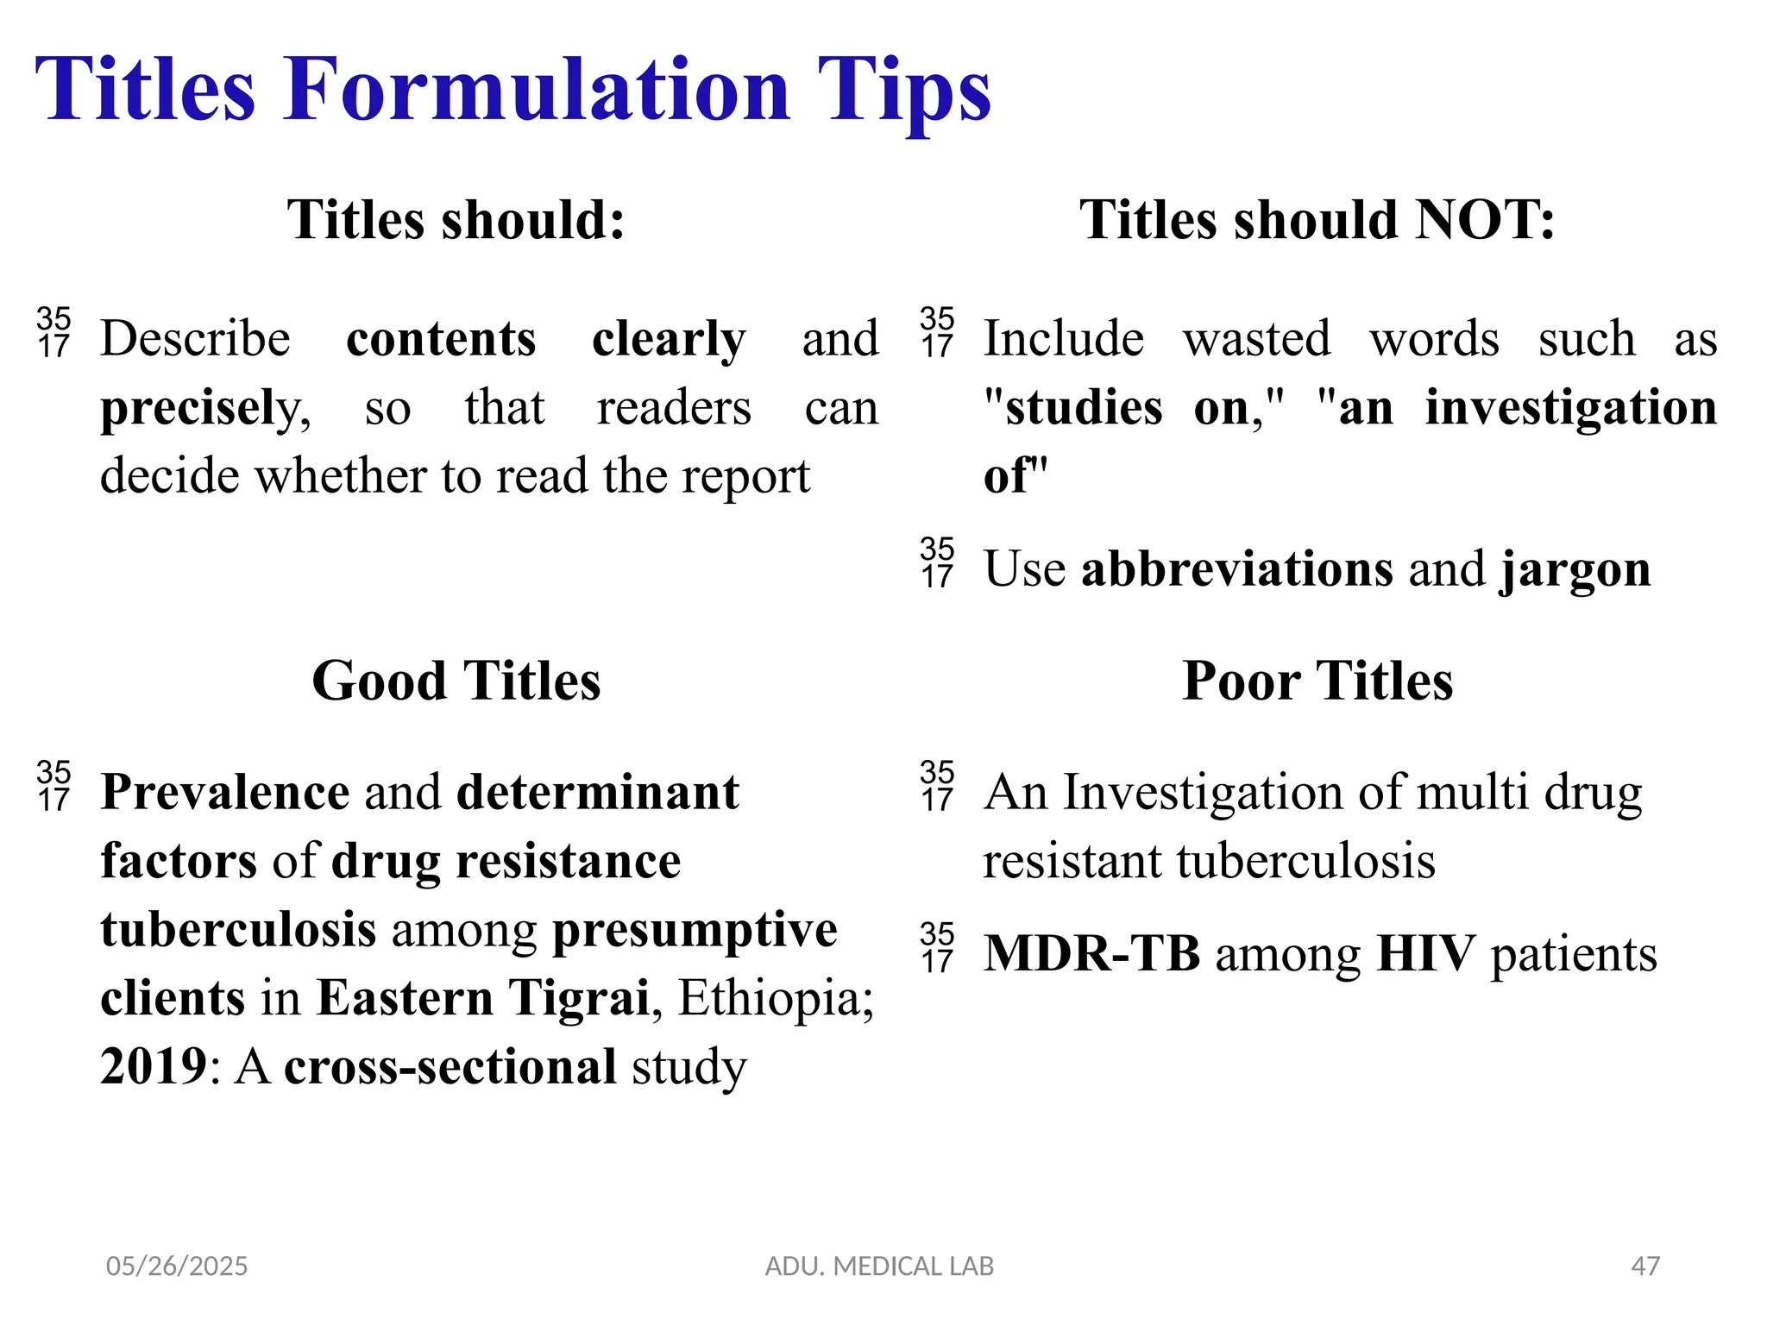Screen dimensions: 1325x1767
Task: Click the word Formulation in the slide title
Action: click(x=537, y=90)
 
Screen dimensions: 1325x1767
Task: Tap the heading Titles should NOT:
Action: click(x=1317, y=220)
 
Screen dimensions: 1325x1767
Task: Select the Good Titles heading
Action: click(x=456, y=681)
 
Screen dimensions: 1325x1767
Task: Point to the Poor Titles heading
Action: click(x=1317, y=681)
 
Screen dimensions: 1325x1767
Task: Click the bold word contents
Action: click(x=441, y=339)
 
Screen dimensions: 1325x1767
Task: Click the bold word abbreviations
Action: click(x=1237, y=570)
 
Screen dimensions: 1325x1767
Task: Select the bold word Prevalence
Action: click(x=225, y=793)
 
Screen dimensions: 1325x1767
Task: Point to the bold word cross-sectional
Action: click(x=450, y=1068)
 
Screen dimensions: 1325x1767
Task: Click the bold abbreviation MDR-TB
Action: click(x=1092, y=955)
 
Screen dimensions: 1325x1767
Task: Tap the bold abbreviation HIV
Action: click(x=1426, y=955)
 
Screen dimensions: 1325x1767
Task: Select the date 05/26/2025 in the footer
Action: click(x=177, y=1266)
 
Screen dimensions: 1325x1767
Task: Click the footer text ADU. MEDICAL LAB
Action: click(x=879, y=1266)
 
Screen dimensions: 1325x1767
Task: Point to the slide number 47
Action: click(x=1645, y=1266)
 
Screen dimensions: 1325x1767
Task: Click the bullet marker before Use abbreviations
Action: click(x=937, y=563)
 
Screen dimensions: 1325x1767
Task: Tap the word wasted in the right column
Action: click(x=1256, y=339)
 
